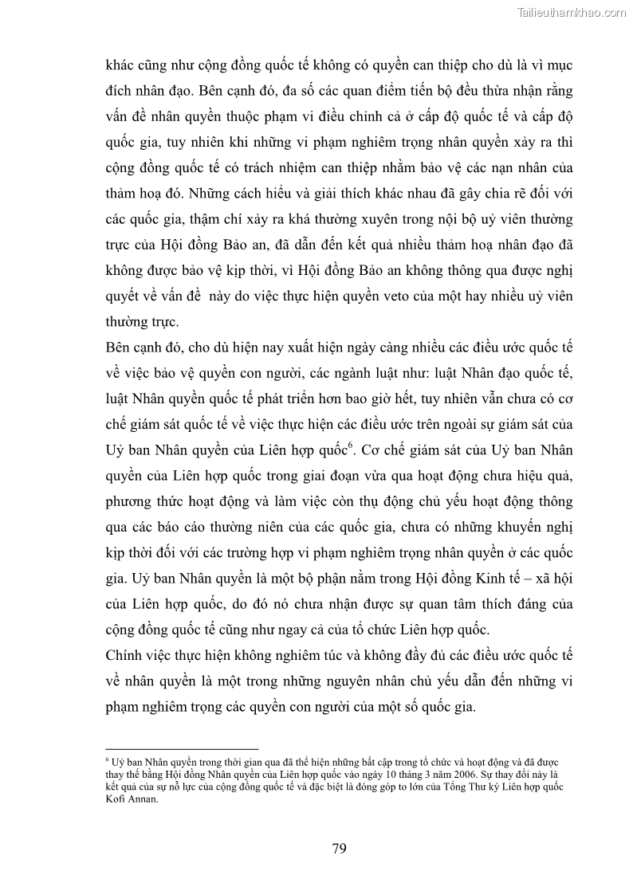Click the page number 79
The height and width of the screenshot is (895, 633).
339,848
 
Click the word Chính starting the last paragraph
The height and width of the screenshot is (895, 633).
123,656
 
